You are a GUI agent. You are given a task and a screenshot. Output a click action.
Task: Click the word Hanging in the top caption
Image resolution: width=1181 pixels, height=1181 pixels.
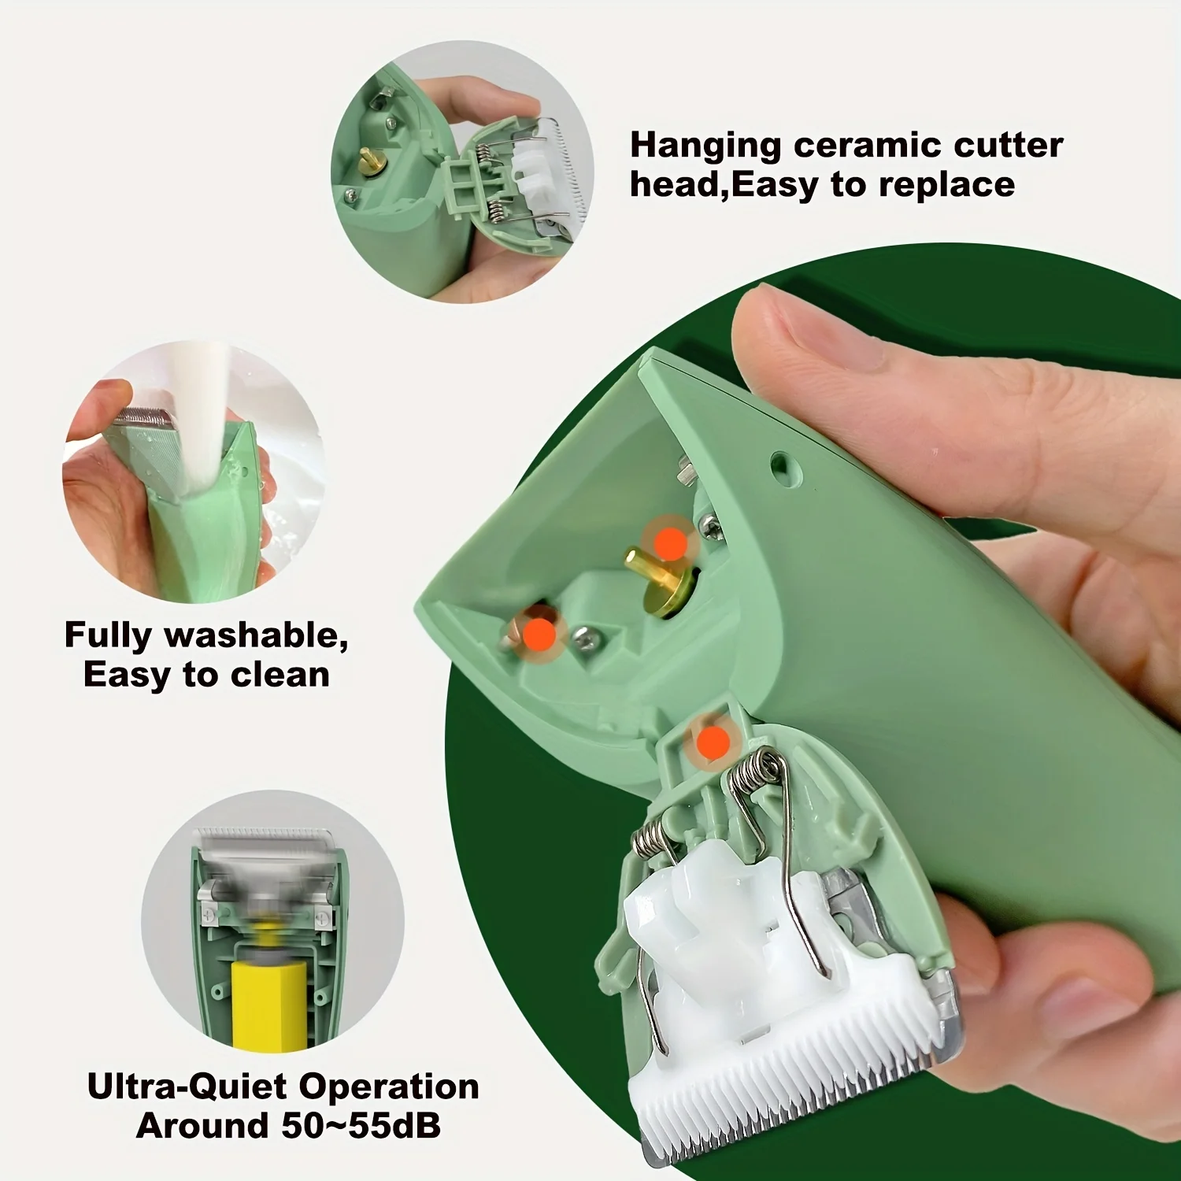pyautogui.click(x=705, y=146)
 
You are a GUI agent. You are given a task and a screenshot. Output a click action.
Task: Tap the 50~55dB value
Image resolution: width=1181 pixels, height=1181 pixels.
pyautogui.click(x=361, y=1127)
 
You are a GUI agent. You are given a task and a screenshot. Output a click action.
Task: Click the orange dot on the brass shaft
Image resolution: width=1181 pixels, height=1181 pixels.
pyautogui.click(x=671, y=543)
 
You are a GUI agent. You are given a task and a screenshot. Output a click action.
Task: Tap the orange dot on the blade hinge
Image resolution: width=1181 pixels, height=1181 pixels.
pyautogui.click(x=713, y=742)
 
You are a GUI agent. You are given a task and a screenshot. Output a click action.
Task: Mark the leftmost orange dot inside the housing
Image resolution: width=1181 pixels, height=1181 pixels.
pyautogui.click(x=539, y=632)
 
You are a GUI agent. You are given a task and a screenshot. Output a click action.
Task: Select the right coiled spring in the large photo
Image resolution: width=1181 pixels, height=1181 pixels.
pyautogui.click(x=754, y=769)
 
